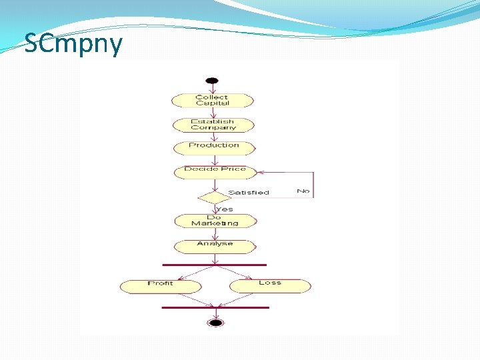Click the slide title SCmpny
(x=73, y=44)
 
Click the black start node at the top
(x=212, y=81)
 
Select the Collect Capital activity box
(x=213, y=101)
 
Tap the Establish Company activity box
(x=213, y=125)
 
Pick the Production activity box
(x=213, y=147)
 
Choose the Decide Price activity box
(x=215, y=171)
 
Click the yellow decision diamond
(x=214, y=197)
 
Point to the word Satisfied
(x=248, y=193)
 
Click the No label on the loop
(x=303, y=191)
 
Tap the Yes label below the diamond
(x=225, y=209)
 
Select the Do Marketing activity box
(x=215, y=221)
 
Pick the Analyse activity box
(x=215, y=245)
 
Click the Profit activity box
(x=161, y=285)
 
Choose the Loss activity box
(x=270, y=285)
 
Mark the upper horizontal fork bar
(x=215, y=265)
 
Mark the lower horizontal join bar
(x=215, y=307)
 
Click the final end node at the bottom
(x=215, y=323)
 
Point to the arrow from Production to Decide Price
(x=214, y=159)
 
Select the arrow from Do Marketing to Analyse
(x=215, y=233)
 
